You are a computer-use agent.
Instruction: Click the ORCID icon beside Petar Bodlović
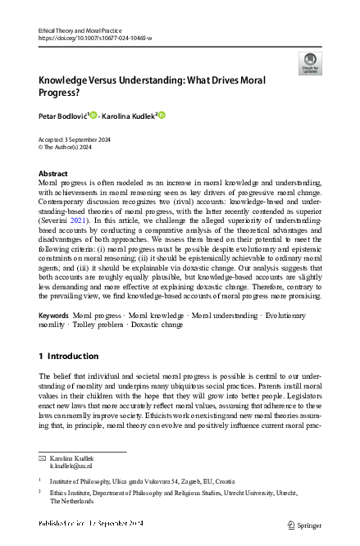[93, 114]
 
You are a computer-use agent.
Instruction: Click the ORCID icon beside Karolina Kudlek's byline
[162, 114]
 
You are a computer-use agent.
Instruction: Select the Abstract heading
[53, 174]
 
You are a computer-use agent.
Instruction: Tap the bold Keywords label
[53, 315]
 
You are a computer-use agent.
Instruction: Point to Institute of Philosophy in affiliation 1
[85, 480]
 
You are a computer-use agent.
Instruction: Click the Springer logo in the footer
[305, 525]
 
